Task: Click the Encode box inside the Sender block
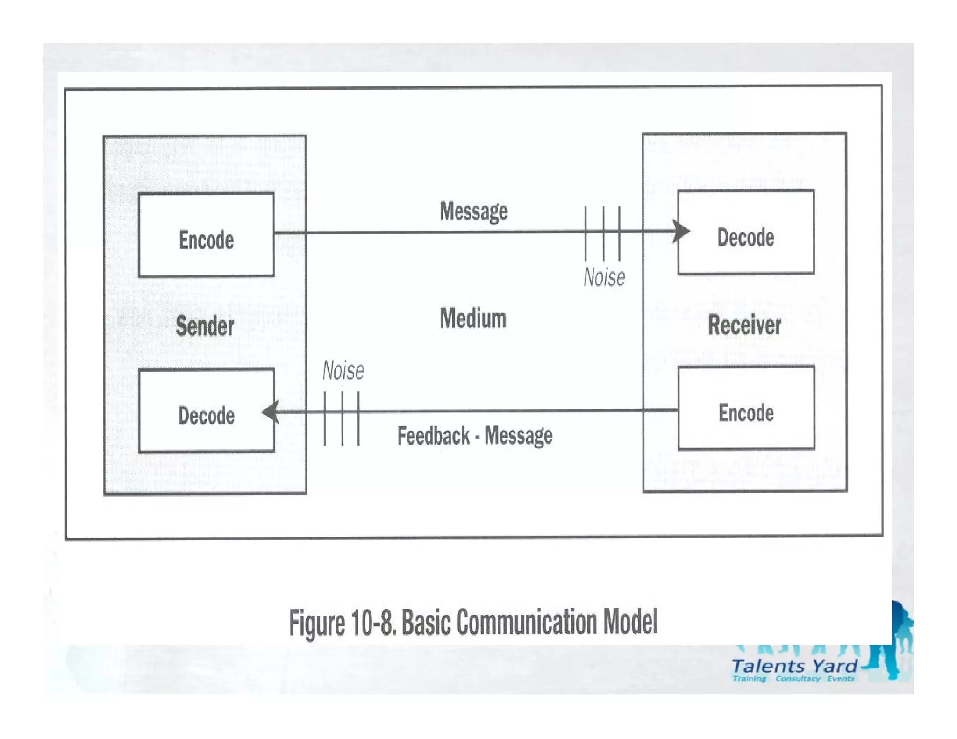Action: [206, 235]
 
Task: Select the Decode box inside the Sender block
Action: [207, 411]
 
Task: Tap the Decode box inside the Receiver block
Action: [746, 232]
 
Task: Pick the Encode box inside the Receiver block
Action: [746, 408]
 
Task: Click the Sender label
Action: [205, 326]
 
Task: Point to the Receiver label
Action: [744, 325]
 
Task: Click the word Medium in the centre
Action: [473, 319]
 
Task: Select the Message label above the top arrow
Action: [473, 212]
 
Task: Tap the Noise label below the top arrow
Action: [604, 277]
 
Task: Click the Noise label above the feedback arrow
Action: [343, 371]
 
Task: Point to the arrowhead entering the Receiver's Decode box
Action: [682, 231]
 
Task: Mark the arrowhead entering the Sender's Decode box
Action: [270, 412]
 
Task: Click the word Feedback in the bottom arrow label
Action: [433, 436]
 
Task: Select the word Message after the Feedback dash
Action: [518, 436]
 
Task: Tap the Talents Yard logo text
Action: [794, 666]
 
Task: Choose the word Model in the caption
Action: [630, 622]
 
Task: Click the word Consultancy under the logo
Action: [798, 678]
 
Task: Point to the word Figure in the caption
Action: [317, 624]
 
